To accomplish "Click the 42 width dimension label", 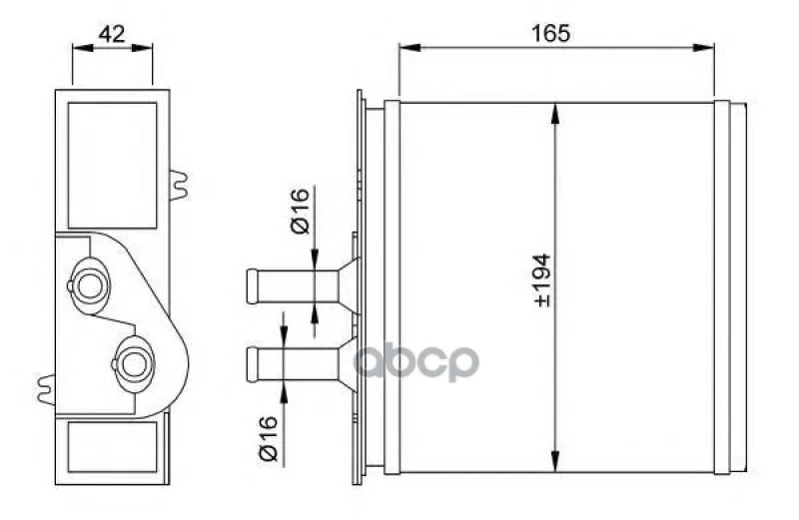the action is tap(112, 34).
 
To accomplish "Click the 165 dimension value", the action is tap(550, 33).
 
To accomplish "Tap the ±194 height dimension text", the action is tap(542, 280).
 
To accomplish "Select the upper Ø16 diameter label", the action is tap(300, 211).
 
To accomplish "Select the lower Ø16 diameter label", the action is tap(268, 438).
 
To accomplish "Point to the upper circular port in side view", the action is tap(90, 285).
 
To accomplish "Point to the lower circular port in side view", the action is tap(134, 363).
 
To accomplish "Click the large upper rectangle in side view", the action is tap(112, 166).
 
